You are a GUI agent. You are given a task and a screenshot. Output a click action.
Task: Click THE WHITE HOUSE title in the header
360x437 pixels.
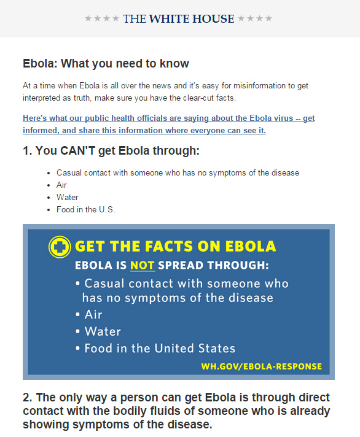pyautogui.click(x=179, y=18)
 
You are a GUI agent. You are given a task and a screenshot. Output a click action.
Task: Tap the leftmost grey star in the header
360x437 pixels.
pyautogui.click(x=88, y=18)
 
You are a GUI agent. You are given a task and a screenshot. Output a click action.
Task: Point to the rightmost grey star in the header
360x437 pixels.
pyautogui.click(x=268, y=18)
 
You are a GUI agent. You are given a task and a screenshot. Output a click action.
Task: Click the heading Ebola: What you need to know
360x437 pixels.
pyautogui.click(x=106, y=63)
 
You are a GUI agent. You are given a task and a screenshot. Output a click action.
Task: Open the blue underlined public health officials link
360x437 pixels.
pyautogui.click(x=169, y=124)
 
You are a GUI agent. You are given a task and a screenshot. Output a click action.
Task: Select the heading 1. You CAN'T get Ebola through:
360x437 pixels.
pyautogui.click(x=111, y=150)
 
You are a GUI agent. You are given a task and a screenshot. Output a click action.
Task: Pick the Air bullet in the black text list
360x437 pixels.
pyautogui.click(x=61, y=185)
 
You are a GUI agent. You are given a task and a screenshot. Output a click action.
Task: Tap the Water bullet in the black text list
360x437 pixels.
pyautogui.click(x=68, y=197)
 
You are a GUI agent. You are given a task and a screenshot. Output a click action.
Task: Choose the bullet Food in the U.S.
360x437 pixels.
pyautogui.click(x=85, y=209)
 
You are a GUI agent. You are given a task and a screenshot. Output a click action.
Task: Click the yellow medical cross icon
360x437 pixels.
pyautogui.click(x=60, y=247)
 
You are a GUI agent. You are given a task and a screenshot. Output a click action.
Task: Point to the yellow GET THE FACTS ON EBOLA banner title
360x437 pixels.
pyautogui.click(x=176, y=246)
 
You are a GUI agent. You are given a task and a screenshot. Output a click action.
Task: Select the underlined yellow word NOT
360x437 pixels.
pyautogui.click(x=142, y=265)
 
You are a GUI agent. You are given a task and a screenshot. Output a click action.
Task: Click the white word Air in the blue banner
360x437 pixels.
pyautogui.click(x=93, y=315)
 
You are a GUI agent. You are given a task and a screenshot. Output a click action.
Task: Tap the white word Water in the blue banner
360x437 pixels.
pyautogui.click(x=103, y=331)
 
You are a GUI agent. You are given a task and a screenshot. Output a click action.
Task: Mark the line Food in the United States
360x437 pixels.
pyautogui.click(x=160, y=349)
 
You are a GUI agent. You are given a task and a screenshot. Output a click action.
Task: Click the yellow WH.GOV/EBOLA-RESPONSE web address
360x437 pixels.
pyautogui.click(x=262, y=366)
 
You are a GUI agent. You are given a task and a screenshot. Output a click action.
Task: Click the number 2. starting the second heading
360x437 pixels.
pyautogui.click(x=28, y=398)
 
